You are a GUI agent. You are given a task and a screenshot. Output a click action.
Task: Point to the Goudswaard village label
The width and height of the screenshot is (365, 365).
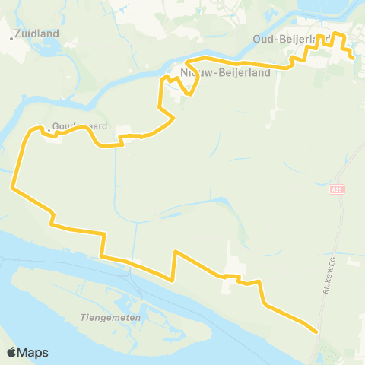point(79,127)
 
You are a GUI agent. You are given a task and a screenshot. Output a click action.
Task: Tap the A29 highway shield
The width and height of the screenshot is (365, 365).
point(338,188)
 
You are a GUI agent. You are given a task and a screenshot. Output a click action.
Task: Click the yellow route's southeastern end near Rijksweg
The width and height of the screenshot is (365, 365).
point(316,331)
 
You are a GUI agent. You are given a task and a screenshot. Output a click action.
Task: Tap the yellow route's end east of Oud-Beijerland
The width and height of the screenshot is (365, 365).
point(354,57)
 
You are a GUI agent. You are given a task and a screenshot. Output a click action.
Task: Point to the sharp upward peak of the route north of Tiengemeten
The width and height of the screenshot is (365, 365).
point(176,251)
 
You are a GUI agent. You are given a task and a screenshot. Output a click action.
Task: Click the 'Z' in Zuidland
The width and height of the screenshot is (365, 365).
point(18,33)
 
